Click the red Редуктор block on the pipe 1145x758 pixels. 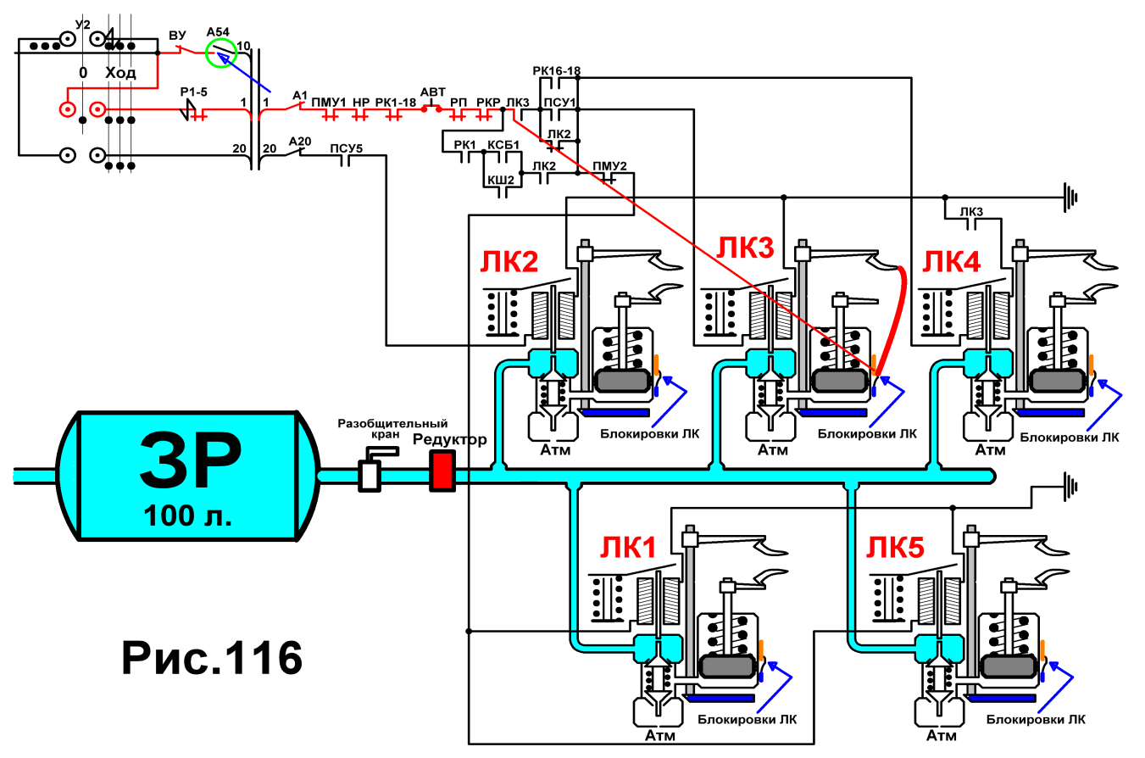click(x=442, y=471)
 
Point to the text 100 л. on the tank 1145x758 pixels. click(x=188, y=516)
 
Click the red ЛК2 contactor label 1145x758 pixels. click(x=509, y=261)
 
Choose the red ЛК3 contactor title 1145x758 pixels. click(x=745, y=248)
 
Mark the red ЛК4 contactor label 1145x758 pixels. click(x=952, y=261)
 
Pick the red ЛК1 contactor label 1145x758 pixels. click(x=628, y=548)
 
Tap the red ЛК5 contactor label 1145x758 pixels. click(x=896, y=548)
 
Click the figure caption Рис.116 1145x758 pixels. click(x=212, y=659)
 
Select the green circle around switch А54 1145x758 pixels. click(x=221, y=53)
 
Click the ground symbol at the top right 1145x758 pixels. click(x=1070, y=197)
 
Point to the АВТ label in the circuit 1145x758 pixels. click(x=433, y=92)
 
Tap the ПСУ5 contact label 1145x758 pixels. click(x=346, y=148)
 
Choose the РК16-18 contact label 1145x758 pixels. click(x=557, y=70)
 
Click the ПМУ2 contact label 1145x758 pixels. click(x=610, y=166)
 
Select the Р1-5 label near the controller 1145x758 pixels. click(x=194, y=92)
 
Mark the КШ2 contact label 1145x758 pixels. click(x=501, y=180)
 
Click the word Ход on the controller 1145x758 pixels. click(x=120, y=73)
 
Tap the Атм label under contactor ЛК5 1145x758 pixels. click(x=941, y=735)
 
